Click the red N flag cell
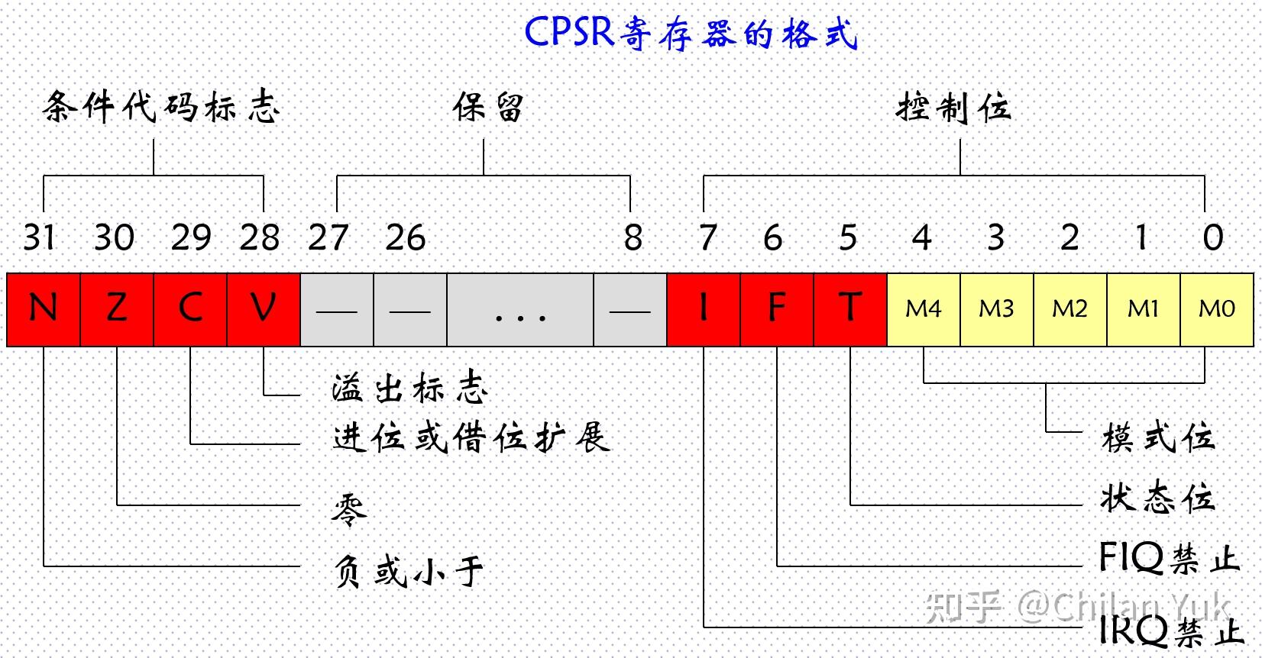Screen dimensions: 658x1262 (x=44, y=309)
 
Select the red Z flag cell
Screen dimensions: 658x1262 (x=117, y=309)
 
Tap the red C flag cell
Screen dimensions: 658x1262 (x=190, y=309)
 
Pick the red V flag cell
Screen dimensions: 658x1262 (x=264, y=309)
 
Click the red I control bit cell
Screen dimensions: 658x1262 (x=704, y=309)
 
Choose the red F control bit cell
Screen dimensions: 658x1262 (x=777, y=309)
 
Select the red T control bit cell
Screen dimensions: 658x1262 (x=850, y=309)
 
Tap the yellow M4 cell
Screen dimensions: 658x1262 (x=924, y=309)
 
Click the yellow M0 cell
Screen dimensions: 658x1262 (x=1217, y=309)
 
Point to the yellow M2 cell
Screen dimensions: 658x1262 (x=1069, y=309)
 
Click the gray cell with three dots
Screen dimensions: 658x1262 (x=520, y=309)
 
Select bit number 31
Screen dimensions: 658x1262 (x=39, y=237)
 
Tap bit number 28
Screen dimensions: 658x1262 (x=260, y=237)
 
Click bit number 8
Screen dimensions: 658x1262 (x=633, y=237)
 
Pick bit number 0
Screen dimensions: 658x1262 (x=1213, y=237)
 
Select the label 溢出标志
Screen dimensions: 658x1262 (x=409, y=389)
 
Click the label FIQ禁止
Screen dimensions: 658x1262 (x=1168, y=559)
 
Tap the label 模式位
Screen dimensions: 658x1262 (x=1158, y=437)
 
